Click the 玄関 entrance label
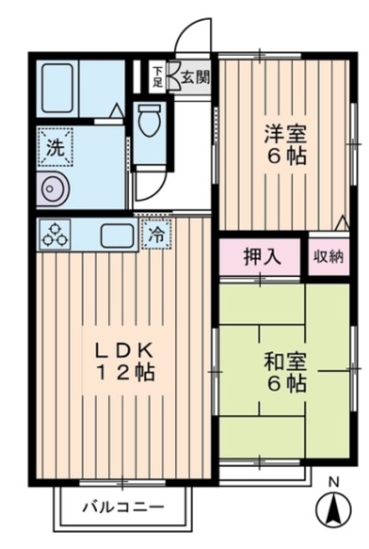[x=195, y=77]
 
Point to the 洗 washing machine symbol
[x=54, y=147]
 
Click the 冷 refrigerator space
[x=157, y=232]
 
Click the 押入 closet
[x=259, y=257]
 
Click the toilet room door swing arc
[x=148, y=183]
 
